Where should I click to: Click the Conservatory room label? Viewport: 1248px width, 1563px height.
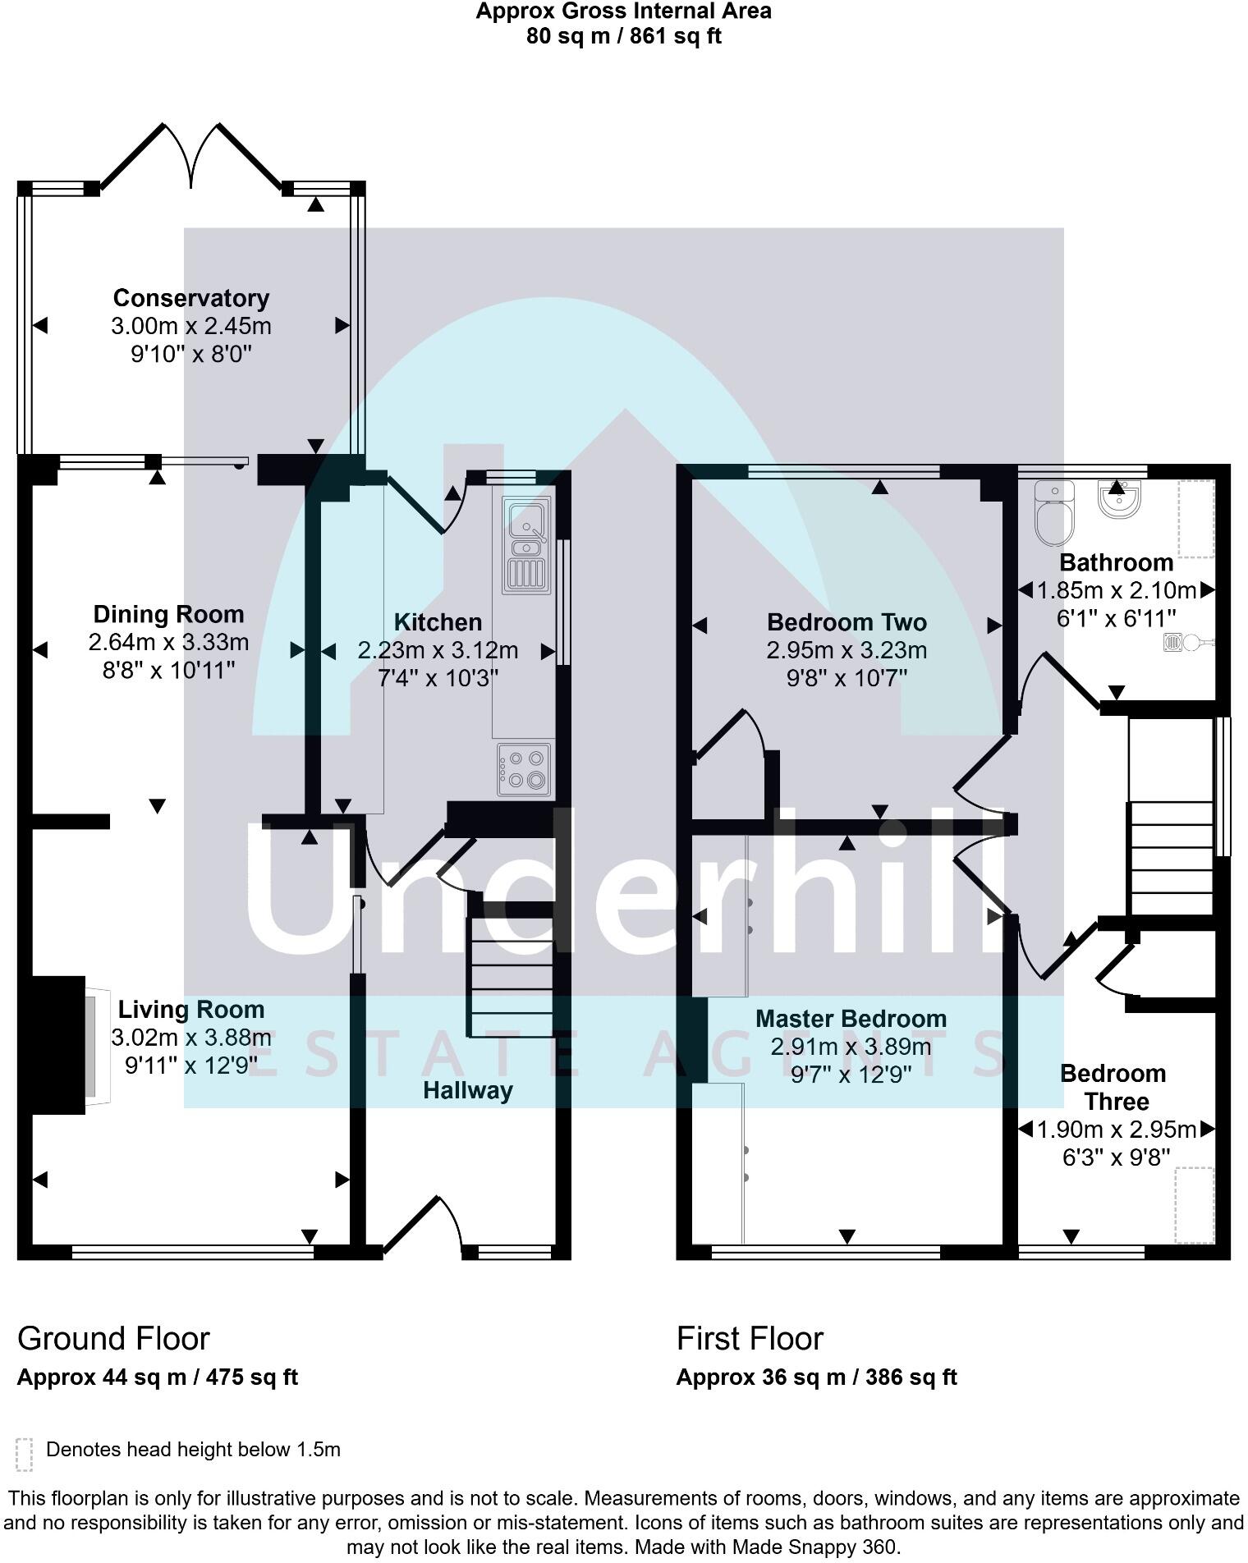pos(191,298)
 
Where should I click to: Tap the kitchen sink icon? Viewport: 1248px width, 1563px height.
pos(527,546)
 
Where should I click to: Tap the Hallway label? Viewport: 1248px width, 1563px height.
pos(468,1090)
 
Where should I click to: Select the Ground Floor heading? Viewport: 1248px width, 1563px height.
pos(113,1338)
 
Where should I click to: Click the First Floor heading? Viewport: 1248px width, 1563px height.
pos(750,1338)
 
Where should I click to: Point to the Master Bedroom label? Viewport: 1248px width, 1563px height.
pos(851,1019)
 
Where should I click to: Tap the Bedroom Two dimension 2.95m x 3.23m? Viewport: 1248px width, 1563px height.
pos(847,650)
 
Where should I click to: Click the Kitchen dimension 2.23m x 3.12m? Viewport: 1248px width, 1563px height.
pos(438,650)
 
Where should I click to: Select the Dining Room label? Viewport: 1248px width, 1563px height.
pos(168,614)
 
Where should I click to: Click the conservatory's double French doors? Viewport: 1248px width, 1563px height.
pos(191,156)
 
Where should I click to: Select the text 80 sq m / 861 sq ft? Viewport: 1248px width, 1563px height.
pos(624,36)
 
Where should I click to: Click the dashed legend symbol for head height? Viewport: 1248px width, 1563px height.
pos(25,1454)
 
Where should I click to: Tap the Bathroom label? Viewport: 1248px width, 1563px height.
pos(1116,562)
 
